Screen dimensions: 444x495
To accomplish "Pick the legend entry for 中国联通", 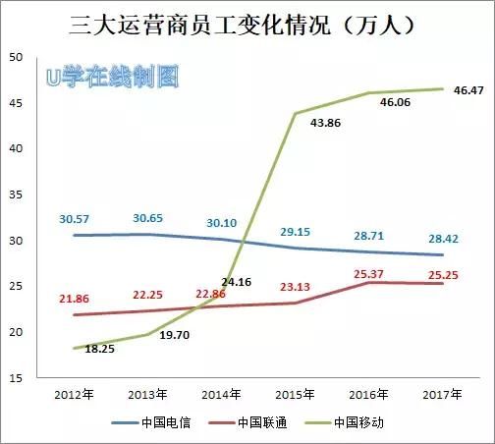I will [256, 423].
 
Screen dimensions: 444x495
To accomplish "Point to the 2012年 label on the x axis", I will [76, 393].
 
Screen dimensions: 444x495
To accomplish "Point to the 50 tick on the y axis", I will [18, 57].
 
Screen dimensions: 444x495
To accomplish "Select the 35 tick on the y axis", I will [18, 194].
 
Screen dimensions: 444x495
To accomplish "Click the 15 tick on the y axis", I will [18, 377].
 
